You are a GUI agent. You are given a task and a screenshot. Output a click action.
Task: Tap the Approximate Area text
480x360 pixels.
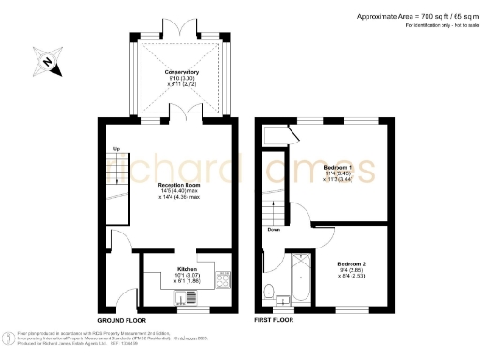412,16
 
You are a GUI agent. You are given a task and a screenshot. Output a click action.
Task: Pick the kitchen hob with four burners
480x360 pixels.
223,277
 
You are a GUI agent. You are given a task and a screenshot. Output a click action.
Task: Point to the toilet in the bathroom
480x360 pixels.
270,290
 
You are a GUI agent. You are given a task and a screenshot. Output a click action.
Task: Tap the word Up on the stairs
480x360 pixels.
116,149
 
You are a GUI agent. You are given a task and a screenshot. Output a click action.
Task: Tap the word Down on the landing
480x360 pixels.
274,229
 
